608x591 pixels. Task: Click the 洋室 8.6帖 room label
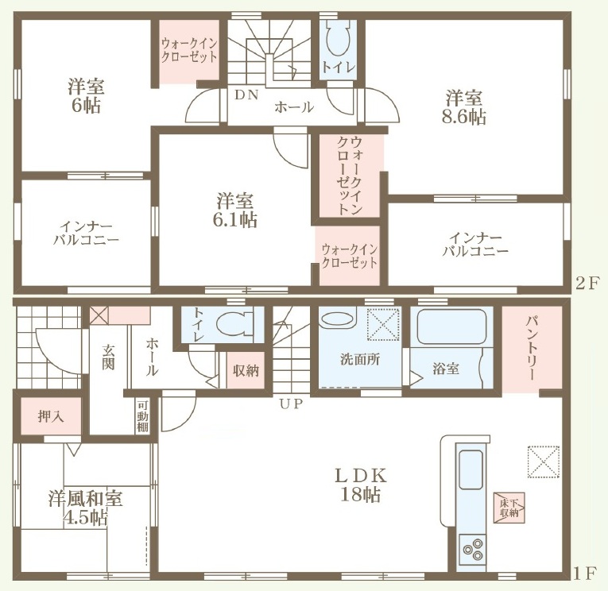[464, 106]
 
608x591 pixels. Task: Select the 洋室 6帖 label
[86, 95]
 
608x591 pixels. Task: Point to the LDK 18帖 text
[360, 485]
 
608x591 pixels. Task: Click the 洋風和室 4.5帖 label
[85, 508]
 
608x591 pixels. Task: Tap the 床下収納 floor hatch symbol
[509, 508]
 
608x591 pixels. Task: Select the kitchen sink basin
[471, 469]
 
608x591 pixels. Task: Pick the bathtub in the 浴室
[451, 326]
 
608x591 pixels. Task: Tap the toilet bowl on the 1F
[234, 324]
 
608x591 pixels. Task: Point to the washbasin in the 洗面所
[339, 318]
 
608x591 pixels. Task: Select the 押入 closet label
[51, 416]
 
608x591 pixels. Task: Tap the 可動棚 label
[142, 415]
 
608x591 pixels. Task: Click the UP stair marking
[290, 404]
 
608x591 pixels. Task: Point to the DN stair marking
[246, 95]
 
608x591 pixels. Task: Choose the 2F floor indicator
[587, 284]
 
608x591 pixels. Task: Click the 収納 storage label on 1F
[246, 370]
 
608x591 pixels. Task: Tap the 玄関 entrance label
[109, 356]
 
